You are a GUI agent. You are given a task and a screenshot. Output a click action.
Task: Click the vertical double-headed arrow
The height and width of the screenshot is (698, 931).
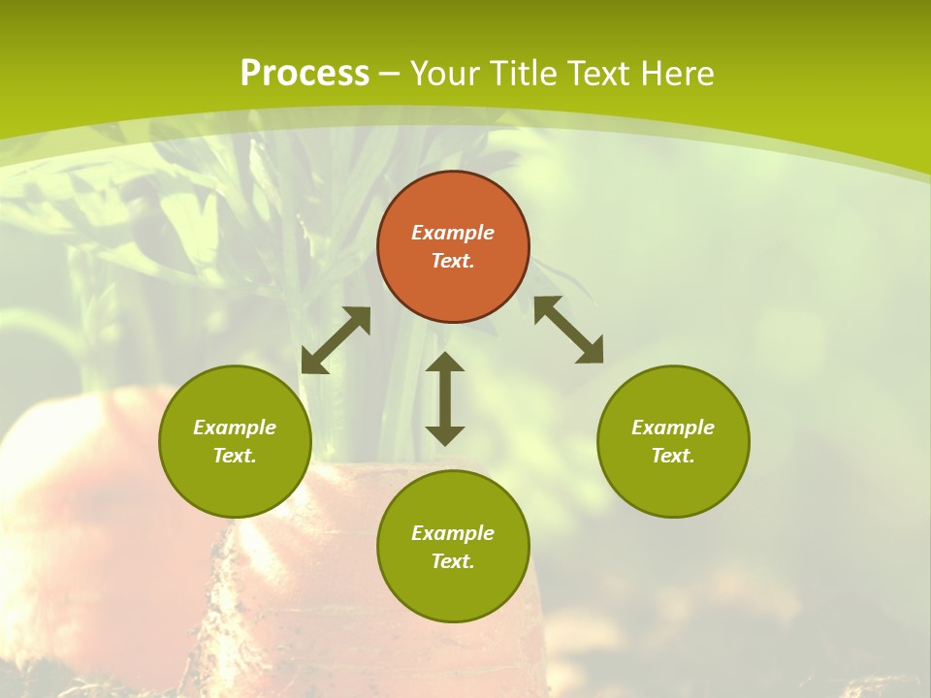click(445, 398)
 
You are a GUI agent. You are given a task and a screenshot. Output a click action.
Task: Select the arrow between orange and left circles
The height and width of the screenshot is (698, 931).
click(336, 340)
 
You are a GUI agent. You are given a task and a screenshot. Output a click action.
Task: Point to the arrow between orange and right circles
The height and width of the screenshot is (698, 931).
click(568, 330)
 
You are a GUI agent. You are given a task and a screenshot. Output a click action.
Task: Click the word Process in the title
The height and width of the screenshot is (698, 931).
click(305, 74)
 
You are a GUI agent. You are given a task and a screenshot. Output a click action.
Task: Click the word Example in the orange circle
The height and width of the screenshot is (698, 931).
click(453, 233)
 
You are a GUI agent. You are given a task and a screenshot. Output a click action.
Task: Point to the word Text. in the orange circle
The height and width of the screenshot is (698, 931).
click(453, 261)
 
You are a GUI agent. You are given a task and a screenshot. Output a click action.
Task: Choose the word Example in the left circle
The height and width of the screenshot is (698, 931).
click(235, 428)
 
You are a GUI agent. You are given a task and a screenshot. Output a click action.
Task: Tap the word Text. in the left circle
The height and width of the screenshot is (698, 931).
click(235, 456)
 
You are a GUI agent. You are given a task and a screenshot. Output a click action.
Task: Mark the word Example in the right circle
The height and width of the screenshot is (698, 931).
click(673, 428)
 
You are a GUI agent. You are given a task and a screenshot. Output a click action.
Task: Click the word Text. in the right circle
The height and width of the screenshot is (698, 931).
click(673, 456)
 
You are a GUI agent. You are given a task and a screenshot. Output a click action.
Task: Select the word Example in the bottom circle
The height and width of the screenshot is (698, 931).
click(453, 533)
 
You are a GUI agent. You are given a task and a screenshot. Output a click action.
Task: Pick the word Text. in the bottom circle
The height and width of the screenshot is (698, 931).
click(453, 561)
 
